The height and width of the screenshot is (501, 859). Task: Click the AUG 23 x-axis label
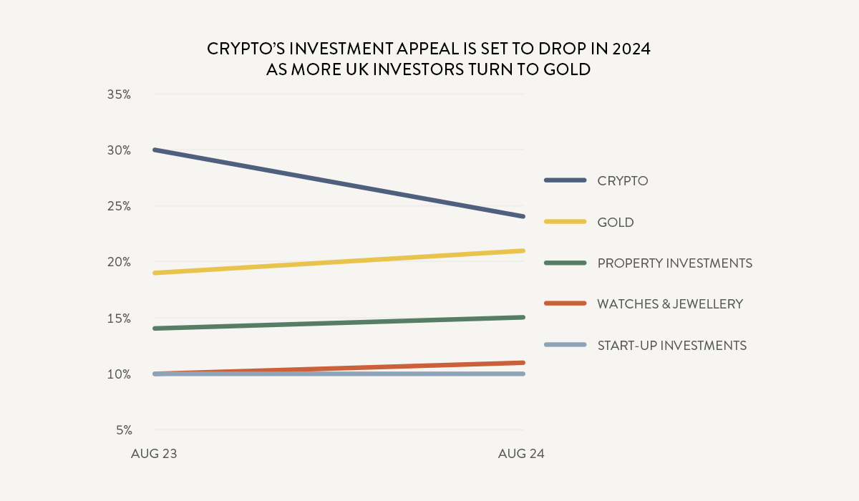tap(154, 454)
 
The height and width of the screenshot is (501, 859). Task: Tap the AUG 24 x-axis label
tap(521, 454)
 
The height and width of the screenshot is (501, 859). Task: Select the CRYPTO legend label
tap(622, 180)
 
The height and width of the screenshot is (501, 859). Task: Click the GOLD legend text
tap(616, 222)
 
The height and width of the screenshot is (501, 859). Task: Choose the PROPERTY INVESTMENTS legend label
tap(674, 263)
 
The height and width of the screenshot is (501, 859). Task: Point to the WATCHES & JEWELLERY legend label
tap(670, 304)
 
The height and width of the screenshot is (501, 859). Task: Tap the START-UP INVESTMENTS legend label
tap(671, 346)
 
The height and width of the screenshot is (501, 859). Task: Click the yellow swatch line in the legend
tap(565, 221)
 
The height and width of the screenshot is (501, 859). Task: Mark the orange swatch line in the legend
tap(565, 303)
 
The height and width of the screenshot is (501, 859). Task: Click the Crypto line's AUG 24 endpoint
tap(523, 216)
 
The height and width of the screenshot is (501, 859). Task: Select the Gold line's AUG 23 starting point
tap(155, 273)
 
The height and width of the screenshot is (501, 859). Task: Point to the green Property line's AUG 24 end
tap(523, 317)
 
